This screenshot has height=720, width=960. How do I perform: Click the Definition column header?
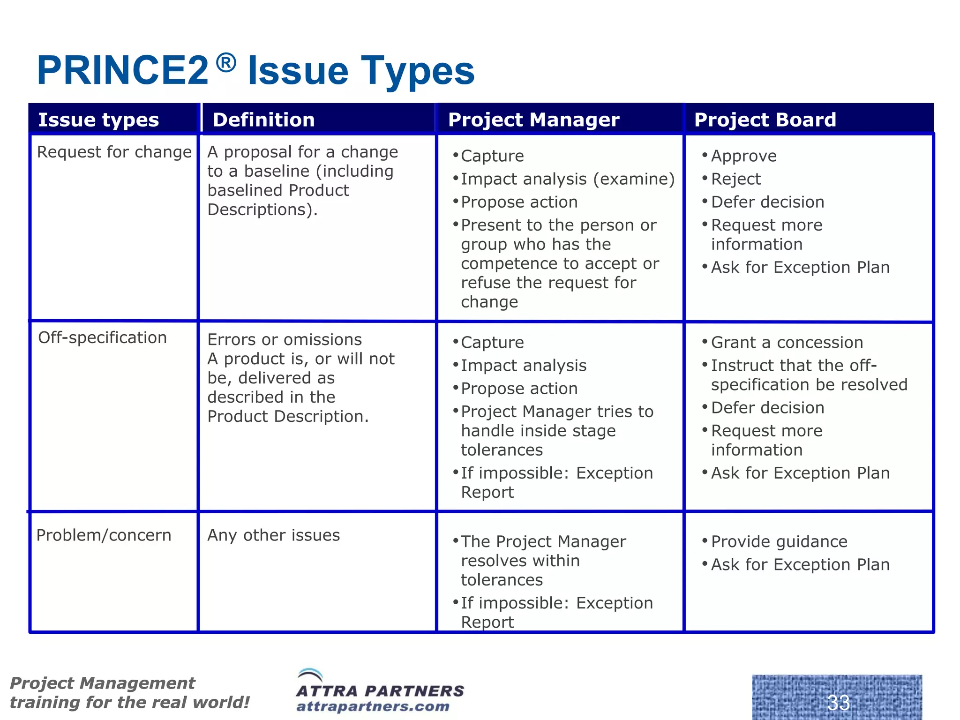pyautogui.click(x=264, y=120)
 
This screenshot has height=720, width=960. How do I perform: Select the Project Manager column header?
pyautogui.click(x=533, y=120)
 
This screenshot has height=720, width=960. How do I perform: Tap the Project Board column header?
pyautogui.click(x=765, y=120)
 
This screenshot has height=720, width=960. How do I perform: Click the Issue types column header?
pyautogui.click(x=98, y=120)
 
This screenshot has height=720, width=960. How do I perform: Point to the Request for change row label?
pyautogui.click(x=114, y=152)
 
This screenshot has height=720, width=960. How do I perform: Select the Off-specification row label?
pyautogui.click(x=102, y=338)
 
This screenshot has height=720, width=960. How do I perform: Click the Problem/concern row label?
pyautogui.click(x=104, y=535)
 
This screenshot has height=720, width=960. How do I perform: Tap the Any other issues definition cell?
pyautogui.click(x=274, y=535)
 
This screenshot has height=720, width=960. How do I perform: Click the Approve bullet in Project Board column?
pyautogui.click(x=743, y=156)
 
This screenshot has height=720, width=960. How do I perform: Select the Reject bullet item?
pyautogui.click(x=735, y=179)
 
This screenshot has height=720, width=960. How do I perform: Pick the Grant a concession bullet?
pyautogui.click(x=787, y=343)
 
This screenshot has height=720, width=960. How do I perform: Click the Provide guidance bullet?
pyautogui.click(x=779, y=542)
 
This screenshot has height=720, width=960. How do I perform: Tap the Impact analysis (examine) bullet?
pyautogui.click(x=567, y=179)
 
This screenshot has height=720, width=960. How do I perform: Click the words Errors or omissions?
pyautogui.click(x=285, y=340)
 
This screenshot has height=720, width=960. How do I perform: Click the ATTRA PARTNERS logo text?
pyautogui.click(x=380, y=691)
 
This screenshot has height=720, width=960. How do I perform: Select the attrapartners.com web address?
pyautogui.click(x=373, y=706)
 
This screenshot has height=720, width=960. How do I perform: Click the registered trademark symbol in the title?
pyautogui.click(x=226, y=63)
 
